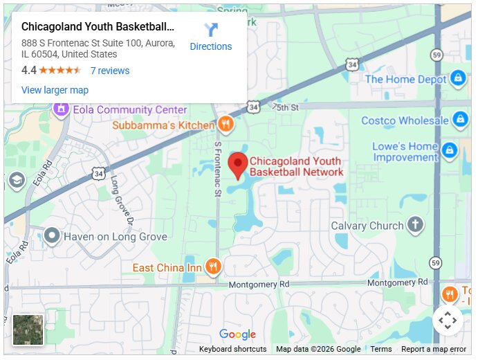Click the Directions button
coord(211,37)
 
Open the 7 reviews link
coord(109,71)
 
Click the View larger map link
coord(55,90)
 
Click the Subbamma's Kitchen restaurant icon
coord(225,125)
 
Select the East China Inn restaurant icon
coord(213,267)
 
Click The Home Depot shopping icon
coord(457,79)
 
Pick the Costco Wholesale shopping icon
coord(459,120)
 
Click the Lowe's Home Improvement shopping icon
coord(449,150)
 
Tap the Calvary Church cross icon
coord(415,225)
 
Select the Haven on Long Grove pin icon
coord(51,237)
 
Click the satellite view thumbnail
coord(28,330)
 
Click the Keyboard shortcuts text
coord(232,349)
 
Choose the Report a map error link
coord(434,349)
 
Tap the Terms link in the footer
coord(380,349)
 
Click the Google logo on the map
coord(237,335)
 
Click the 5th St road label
coord(287,107)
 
